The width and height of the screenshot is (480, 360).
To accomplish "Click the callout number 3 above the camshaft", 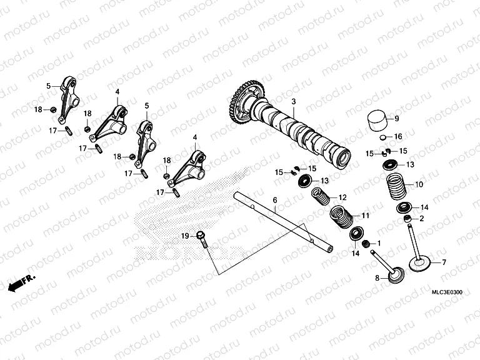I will click(x=294, y=101).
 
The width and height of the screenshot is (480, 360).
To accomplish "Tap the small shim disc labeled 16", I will click(x=381, y=136).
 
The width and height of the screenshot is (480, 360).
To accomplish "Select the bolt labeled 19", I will click(x=202, y=238).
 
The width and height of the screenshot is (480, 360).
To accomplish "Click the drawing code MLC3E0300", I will click(x=447, y=292).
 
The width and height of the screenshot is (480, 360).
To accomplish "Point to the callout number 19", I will click(x=184, y=236).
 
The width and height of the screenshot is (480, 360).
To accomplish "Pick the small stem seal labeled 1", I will click(x=367, y=243).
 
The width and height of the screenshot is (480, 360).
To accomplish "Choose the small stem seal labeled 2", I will click(x=408, y=219).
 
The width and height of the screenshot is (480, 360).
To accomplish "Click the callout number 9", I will click(x=396, y=117).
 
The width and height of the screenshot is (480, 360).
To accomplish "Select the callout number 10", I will click(x=419, y=184).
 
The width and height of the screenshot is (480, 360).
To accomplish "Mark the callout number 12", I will click(x=342, y=197).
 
